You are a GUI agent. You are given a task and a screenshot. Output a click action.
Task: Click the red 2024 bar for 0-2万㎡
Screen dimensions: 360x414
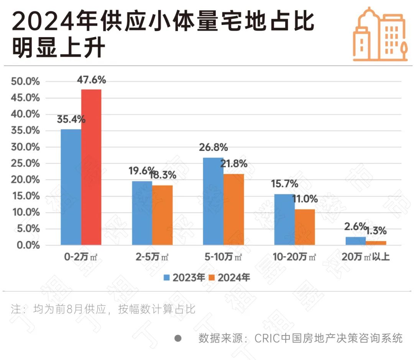91,167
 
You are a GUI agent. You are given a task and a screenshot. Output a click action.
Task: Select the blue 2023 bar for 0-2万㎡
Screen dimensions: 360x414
71,187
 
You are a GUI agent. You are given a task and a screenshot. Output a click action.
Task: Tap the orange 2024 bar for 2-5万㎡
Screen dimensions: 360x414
162,215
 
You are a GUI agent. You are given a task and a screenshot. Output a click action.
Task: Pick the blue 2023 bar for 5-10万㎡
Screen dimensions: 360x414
213,201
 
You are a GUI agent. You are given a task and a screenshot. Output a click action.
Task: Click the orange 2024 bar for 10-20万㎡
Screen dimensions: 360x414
305,227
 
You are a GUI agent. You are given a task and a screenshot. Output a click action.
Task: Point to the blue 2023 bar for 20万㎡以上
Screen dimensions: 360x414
355,241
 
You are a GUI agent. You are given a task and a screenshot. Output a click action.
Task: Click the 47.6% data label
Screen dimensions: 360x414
91,80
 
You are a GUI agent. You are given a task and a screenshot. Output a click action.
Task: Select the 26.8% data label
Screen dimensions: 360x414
213,147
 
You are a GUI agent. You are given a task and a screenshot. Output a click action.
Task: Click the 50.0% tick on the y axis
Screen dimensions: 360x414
26,82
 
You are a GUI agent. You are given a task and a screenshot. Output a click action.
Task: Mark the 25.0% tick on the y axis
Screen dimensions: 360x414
26,164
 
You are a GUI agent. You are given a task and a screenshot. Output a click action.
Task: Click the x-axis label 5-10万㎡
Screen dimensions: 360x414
223,257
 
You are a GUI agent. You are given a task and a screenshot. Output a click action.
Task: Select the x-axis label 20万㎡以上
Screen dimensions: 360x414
366,257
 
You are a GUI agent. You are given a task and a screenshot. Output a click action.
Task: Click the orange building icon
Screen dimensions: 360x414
379,34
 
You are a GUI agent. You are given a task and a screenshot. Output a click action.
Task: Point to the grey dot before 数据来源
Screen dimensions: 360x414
177,339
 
